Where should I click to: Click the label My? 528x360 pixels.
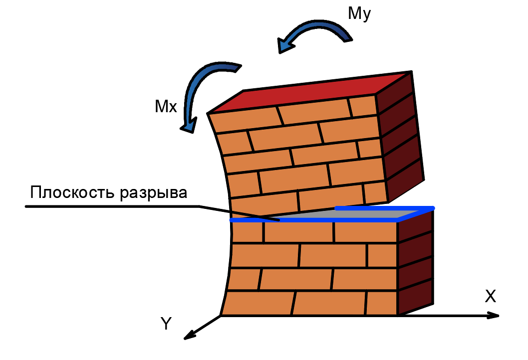(x=359, y=14)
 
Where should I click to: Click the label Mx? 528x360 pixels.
(x=166, y=106)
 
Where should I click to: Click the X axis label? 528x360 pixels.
(x=490, y=297)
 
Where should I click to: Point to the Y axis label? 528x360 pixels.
(x=166, y=325)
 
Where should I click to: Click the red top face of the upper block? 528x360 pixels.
(x=309, y=92)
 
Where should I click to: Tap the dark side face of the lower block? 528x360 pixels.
(x=416, y=264)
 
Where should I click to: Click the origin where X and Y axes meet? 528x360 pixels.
(x=221, y=315)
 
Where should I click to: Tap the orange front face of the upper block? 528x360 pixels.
(x=299, y=155)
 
